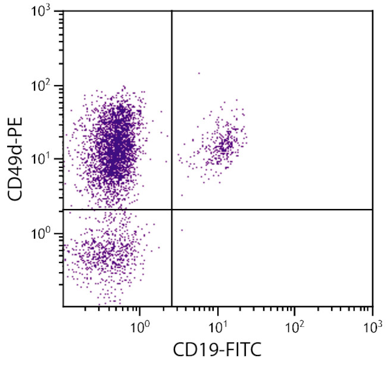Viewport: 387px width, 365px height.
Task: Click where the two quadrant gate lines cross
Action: coord(171,210)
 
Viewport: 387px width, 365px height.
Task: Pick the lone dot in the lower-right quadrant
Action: coord(182,230)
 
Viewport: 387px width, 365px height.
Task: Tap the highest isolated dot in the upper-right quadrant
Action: coord(199,73)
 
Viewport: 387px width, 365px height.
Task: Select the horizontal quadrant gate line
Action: coord(268,210)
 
